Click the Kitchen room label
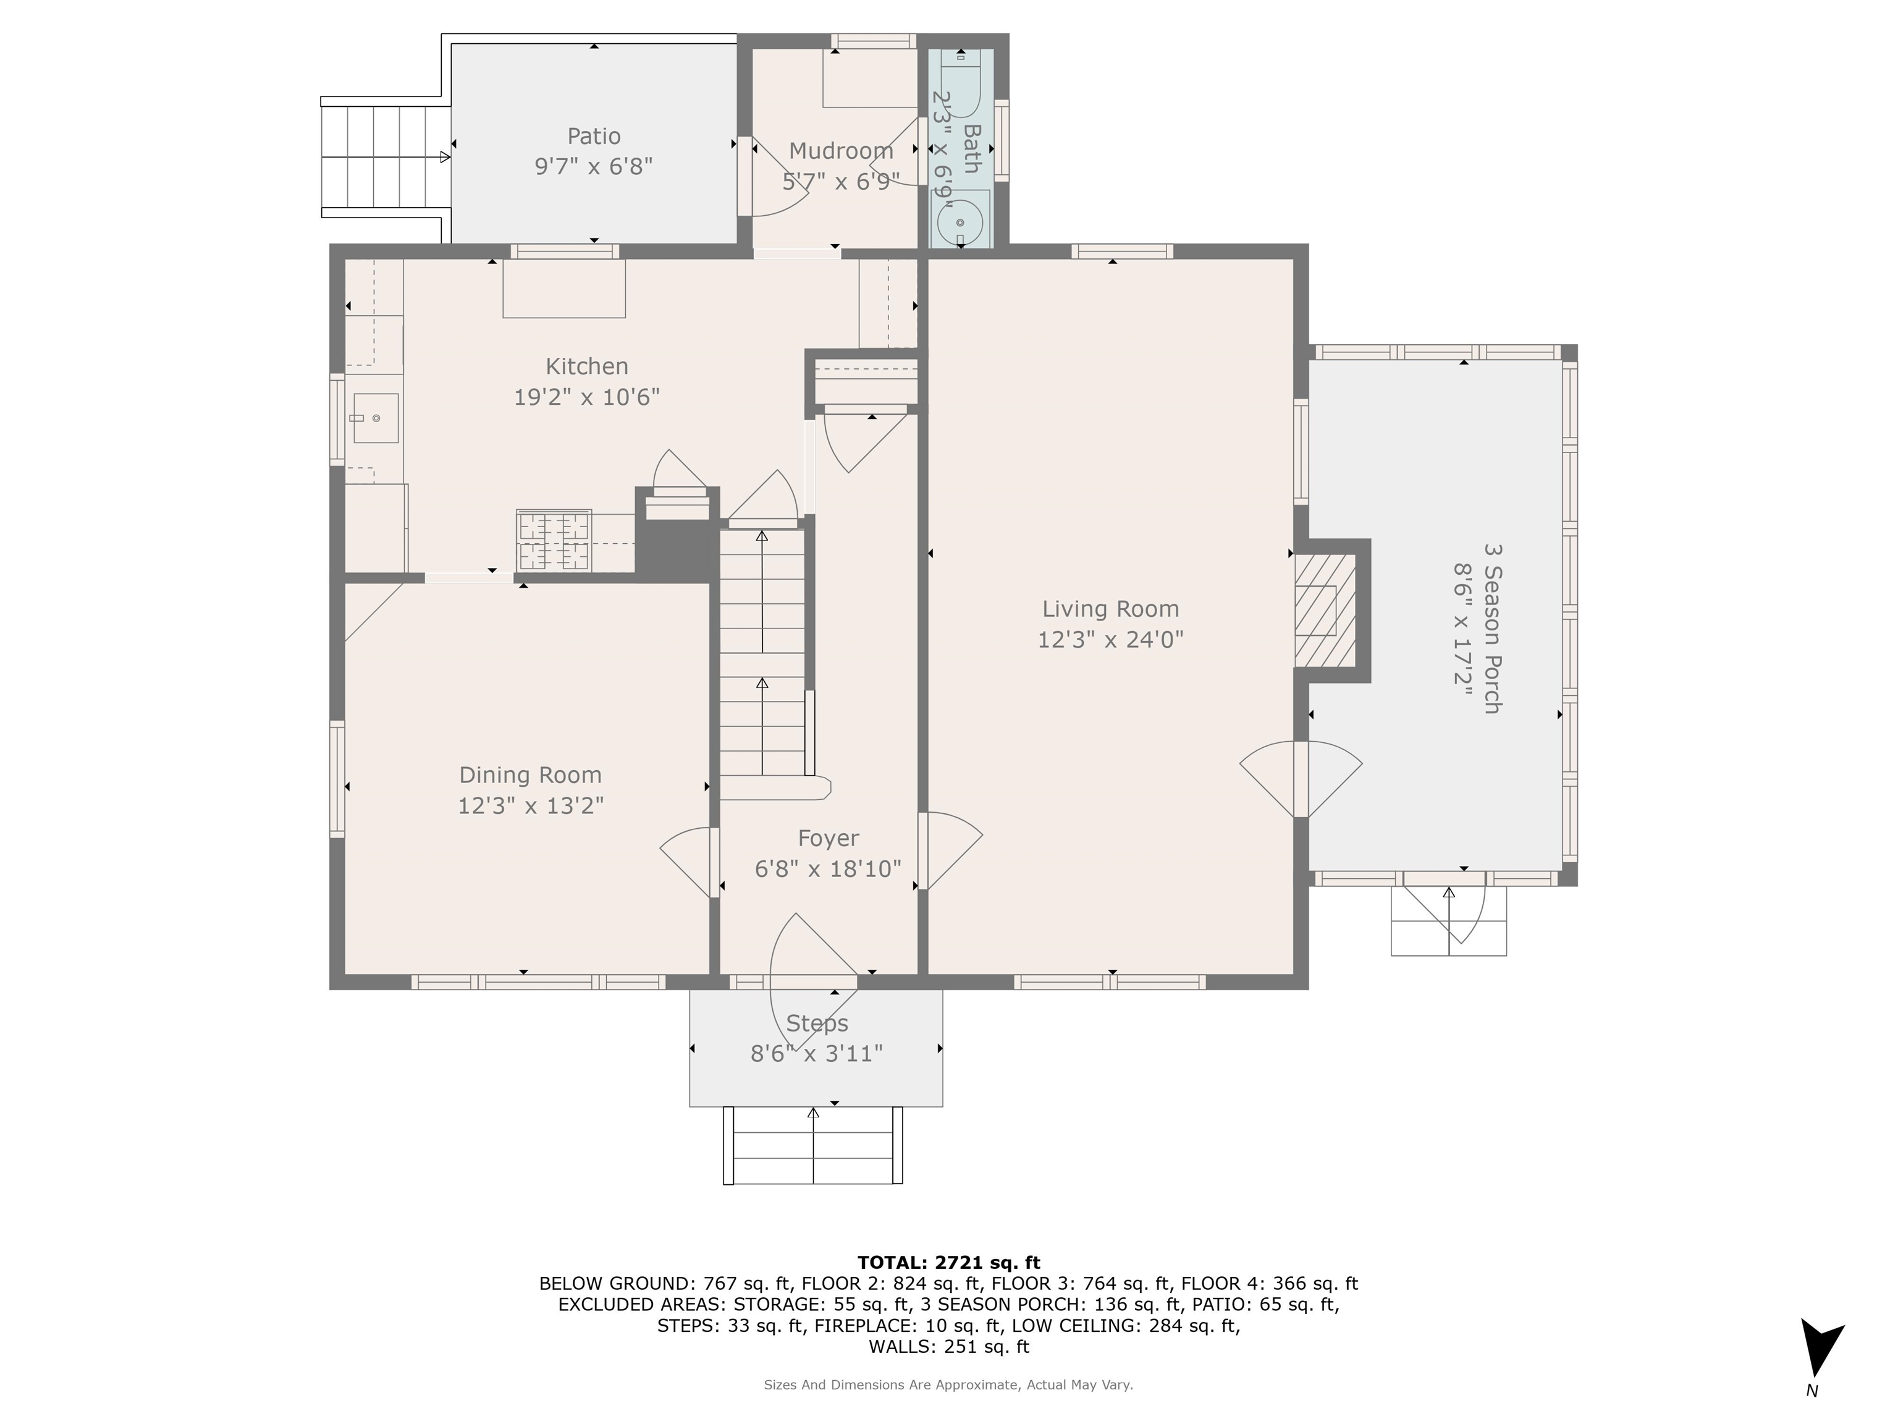[x=587, y=367]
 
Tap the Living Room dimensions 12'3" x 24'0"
[x=1110, y=640]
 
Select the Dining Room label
[x=530, y=775]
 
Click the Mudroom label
[x=841, y=151]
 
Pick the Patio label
[x=594, y=137]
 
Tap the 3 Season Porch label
[x=1492, y=629]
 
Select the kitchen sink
[x=376, y=418]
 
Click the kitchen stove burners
[x=554, y=540]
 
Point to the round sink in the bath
[x=960, y=222]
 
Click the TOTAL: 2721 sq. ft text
[x=948, y=1263]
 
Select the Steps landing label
[x=817, y=1023]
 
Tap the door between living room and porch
[x=1301, y=779]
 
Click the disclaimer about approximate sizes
[x=948, y=1384]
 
